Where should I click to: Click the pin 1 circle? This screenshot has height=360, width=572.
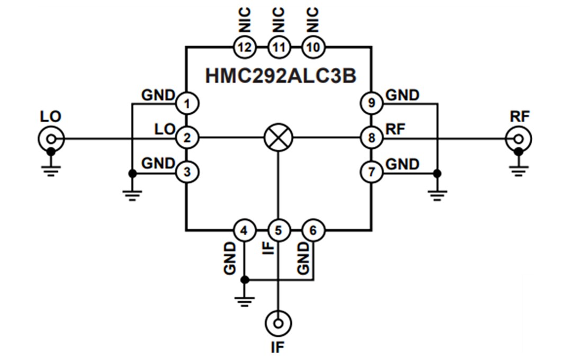186,103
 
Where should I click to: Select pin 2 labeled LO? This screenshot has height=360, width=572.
186,139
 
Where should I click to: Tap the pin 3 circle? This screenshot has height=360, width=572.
186,172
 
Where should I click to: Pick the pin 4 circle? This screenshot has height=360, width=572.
244,230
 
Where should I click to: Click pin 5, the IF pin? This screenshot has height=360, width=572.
279,230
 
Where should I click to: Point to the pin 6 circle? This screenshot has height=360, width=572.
313,230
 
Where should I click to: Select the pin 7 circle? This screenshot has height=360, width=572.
371,172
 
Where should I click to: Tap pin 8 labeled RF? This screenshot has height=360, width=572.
371,139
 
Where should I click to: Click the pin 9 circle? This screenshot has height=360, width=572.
371,103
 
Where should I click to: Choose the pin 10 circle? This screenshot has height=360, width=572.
313,47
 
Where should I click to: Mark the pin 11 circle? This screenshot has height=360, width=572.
279,47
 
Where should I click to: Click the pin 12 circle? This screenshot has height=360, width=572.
244,47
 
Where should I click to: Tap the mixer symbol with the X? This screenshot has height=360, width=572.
279,139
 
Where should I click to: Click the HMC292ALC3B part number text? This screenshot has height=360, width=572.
281,76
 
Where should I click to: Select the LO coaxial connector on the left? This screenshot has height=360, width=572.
51,139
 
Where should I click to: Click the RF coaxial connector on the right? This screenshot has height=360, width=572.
519,139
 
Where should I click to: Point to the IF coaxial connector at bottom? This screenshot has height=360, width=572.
279,322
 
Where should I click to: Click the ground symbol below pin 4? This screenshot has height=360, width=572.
244,302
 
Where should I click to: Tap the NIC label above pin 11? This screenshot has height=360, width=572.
279,20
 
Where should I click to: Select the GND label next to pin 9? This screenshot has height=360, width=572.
403,95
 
